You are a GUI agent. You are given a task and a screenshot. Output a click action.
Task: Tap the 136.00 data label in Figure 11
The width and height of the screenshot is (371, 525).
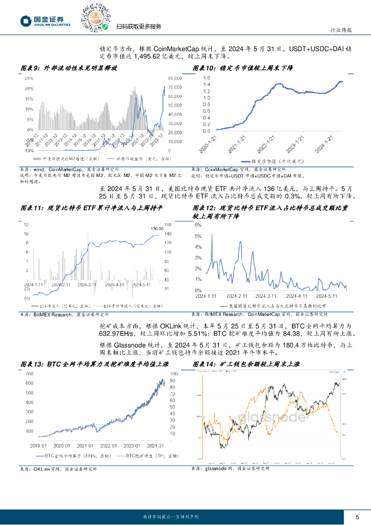(x=157, y=229)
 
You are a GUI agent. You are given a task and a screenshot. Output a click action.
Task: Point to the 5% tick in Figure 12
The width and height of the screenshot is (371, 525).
(x=198, y=236)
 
